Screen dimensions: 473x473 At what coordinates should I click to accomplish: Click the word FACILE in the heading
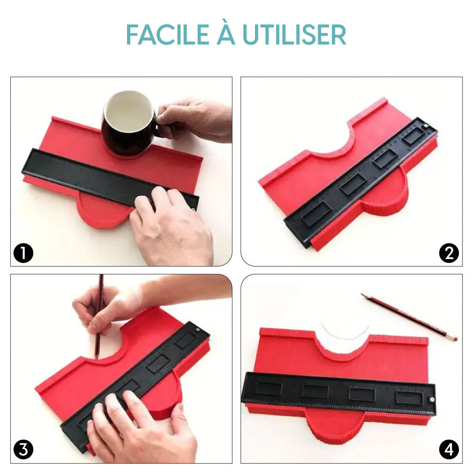coord(168,35)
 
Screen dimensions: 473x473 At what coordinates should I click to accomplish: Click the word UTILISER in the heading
coord(294,35)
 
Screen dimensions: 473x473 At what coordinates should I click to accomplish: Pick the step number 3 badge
coord(23,449)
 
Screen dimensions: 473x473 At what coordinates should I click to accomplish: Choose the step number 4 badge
coord(449,449)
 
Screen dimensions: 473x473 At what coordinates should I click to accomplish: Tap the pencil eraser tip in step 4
coord(455,339)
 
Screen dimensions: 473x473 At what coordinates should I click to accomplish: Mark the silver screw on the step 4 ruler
coord(432,400)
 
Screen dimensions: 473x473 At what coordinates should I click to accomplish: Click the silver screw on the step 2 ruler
coord(426,125)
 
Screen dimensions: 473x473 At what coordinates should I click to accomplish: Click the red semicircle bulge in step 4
coord(335,425)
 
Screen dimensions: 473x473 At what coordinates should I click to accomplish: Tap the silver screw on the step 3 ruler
coord(198,330)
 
